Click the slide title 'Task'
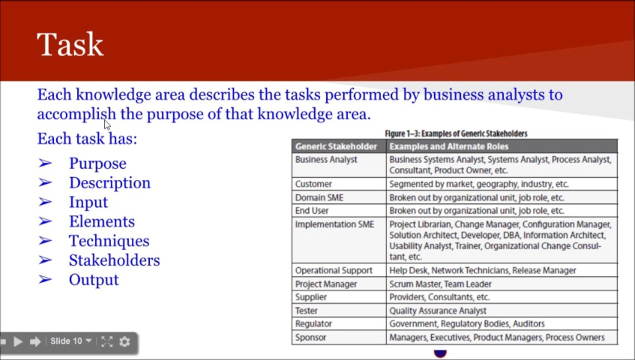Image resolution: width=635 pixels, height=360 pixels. click(x=70, y=44)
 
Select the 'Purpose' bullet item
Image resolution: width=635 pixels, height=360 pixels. click(x=97, y=163)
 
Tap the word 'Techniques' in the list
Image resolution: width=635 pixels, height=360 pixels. click(x=109, y=241)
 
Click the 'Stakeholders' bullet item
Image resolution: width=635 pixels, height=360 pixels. click(x=114, y=260)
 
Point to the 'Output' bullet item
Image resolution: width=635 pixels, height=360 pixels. click(x=93, y=280)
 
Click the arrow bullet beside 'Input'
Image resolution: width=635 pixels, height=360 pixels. click(x=45, y=202)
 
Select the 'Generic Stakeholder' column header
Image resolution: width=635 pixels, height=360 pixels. click(x=336, y=146)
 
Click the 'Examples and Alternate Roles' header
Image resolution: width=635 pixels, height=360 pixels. click(x=448, y=146)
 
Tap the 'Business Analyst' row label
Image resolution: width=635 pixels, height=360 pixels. click(x=326, y=159)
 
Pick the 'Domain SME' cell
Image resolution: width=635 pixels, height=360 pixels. click(x=319, y=197)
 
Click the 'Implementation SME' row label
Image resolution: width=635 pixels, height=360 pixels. click(x=334, y=224)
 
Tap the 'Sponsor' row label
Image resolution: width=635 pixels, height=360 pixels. click(x=310, y=337)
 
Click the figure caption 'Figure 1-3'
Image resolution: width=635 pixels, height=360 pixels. click(x=455, y=133)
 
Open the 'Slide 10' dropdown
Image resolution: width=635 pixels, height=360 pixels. click(x=71, y=341)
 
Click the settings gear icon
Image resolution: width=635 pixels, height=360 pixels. click(x=124, y=341)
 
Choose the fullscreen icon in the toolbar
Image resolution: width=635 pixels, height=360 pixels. click(x=106, y=341)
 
